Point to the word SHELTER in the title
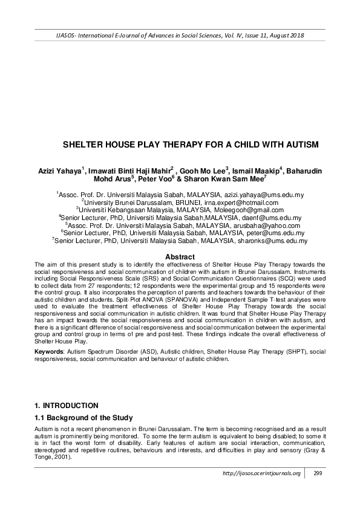point(85,146)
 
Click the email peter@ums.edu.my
point(261,232)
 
